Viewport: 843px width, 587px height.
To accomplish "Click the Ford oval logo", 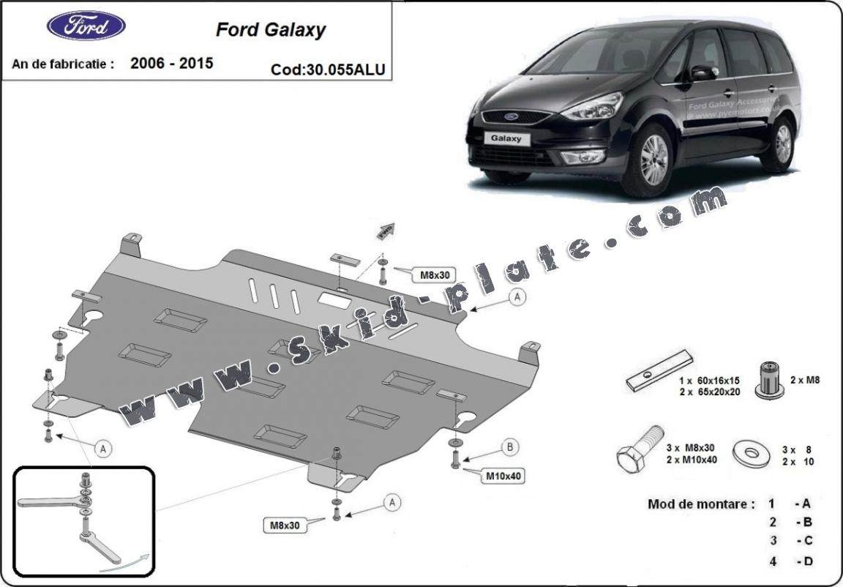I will coord(86,26).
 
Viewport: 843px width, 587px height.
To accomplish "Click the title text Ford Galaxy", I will coord(271,30).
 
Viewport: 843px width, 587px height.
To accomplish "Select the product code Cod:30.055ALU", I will coord(328,70).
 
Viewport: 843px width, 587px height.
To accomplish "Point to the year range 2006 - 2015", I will coord(172,63).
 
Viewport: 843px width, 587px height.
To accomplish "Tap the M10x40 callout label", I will coord(503,476).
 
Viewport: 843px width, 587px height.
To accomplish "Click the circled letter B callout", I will coord(510,447).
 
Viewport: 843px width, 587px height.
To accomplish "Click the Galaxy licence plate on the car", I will coord(506,138).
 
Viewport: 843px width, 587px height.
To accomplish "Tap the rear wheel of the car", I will coord(782,143).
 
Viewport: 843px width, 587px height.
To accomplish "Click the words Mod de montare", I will coord(700,504).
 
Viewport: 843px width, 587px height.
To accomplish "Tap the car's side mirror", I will coord(702,72).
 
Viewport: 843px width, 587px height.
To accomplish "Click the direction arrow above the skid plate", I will coord(386,231).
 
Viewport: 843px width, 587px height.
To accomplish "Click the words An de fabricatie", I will coord(63,64).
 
